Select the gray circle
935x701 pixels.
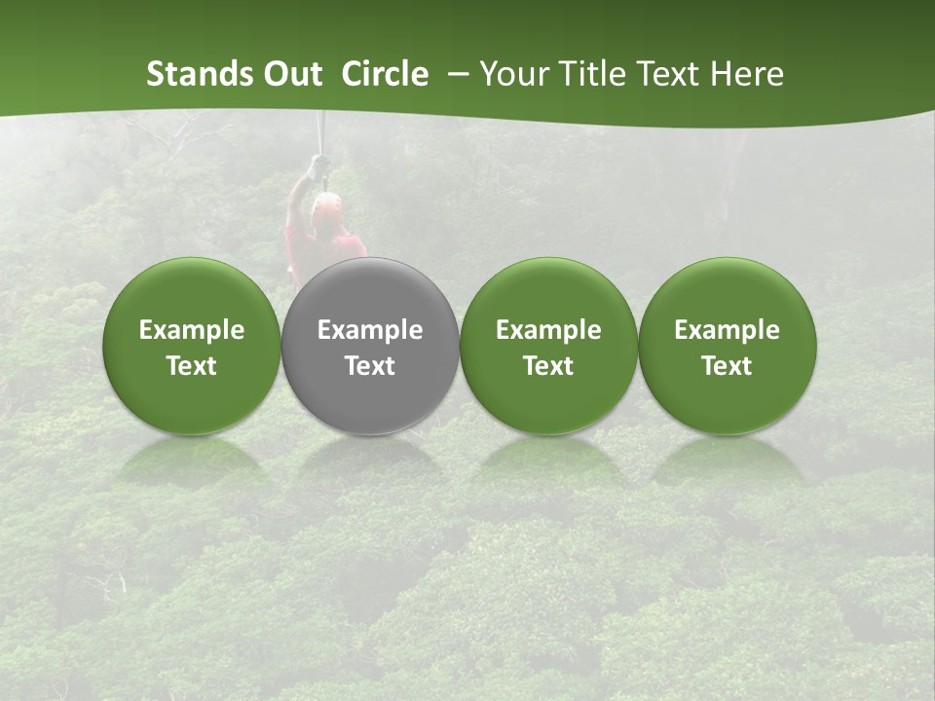(370, 292)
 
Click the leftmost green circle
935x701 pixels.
(192, 292)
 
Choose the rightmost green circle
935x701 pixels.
(728, 292)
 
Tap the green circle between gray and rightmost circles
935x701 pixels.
(548, 292)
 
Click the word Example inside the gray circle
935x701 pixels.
(370, 331)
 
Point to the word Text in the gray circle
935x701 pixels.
(370, 366)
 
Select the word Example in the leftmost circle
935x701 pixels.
(192, 331)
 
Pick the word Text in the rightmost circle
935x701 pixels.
(728, 366)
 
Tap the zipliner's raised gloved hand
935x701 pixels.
(315, 167)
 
